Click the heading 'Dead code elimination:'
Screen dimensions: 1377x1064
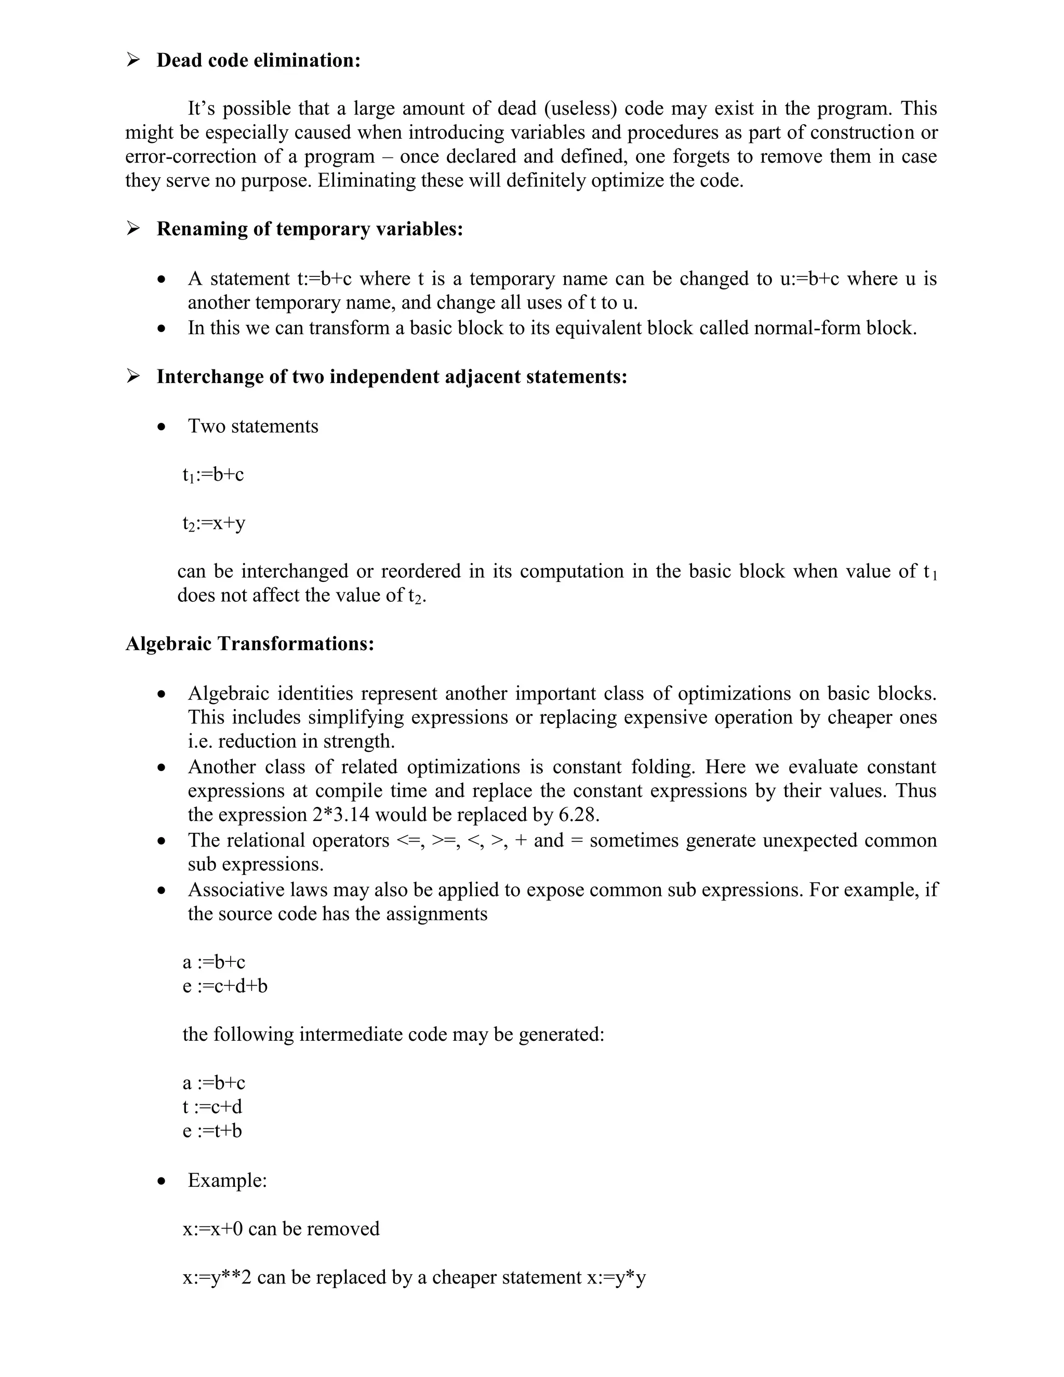[258, 60]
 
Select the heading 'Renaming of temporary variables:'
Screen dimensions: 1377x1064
[310, 229]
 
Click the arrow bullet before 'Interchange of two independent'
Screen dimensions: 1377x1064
[133, 376]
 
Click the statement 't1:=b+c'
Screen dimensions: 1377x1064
[213, 475]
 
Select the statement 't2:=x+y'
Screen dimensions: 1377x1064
[214, 523]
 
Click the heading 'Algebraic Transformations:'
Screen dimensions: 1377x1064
[249, 644]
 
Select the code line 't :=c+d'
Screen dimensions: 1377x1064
[212, 1106]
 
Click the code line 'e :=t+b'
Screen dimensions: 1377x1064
[212, 1131]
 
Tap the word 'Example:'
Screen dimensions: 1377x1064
[228, 1180]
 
